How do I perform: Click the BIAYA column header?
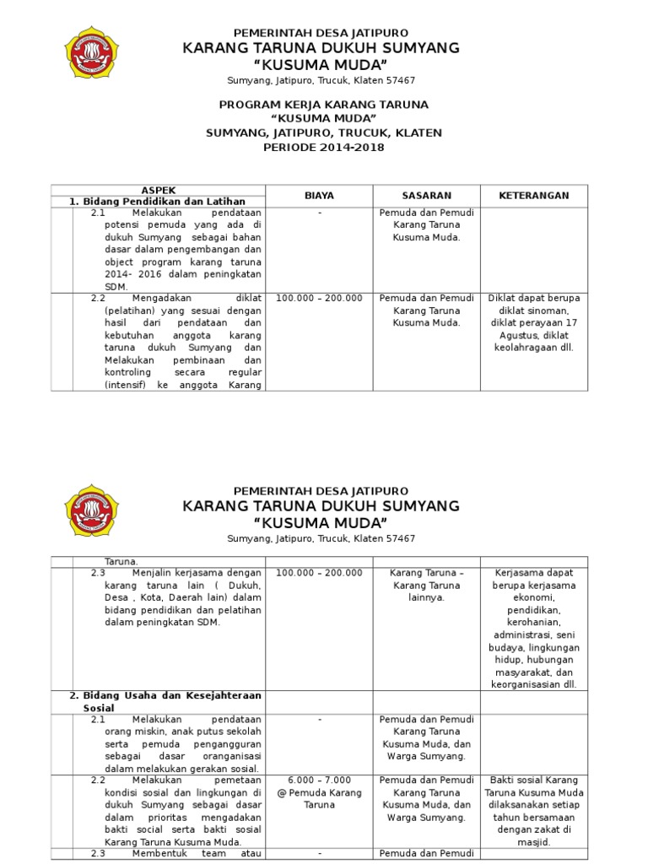click(x=319, y=196)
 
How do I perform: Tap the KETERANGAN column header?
click(x=533, y=196)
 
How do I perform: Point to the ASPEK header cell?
click(x=158, y=191)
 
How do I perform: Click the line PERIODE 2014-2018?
click(x=324, y=147)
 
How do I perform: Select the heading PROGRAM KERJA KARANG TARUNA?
click(x=324, y=105)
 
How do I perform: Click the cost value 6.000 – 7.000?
click(x=319, y=780)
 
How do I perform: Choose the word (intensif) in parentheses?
click(x=126, y=385)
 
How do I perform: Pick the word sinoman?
click(x=553, y=310)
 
